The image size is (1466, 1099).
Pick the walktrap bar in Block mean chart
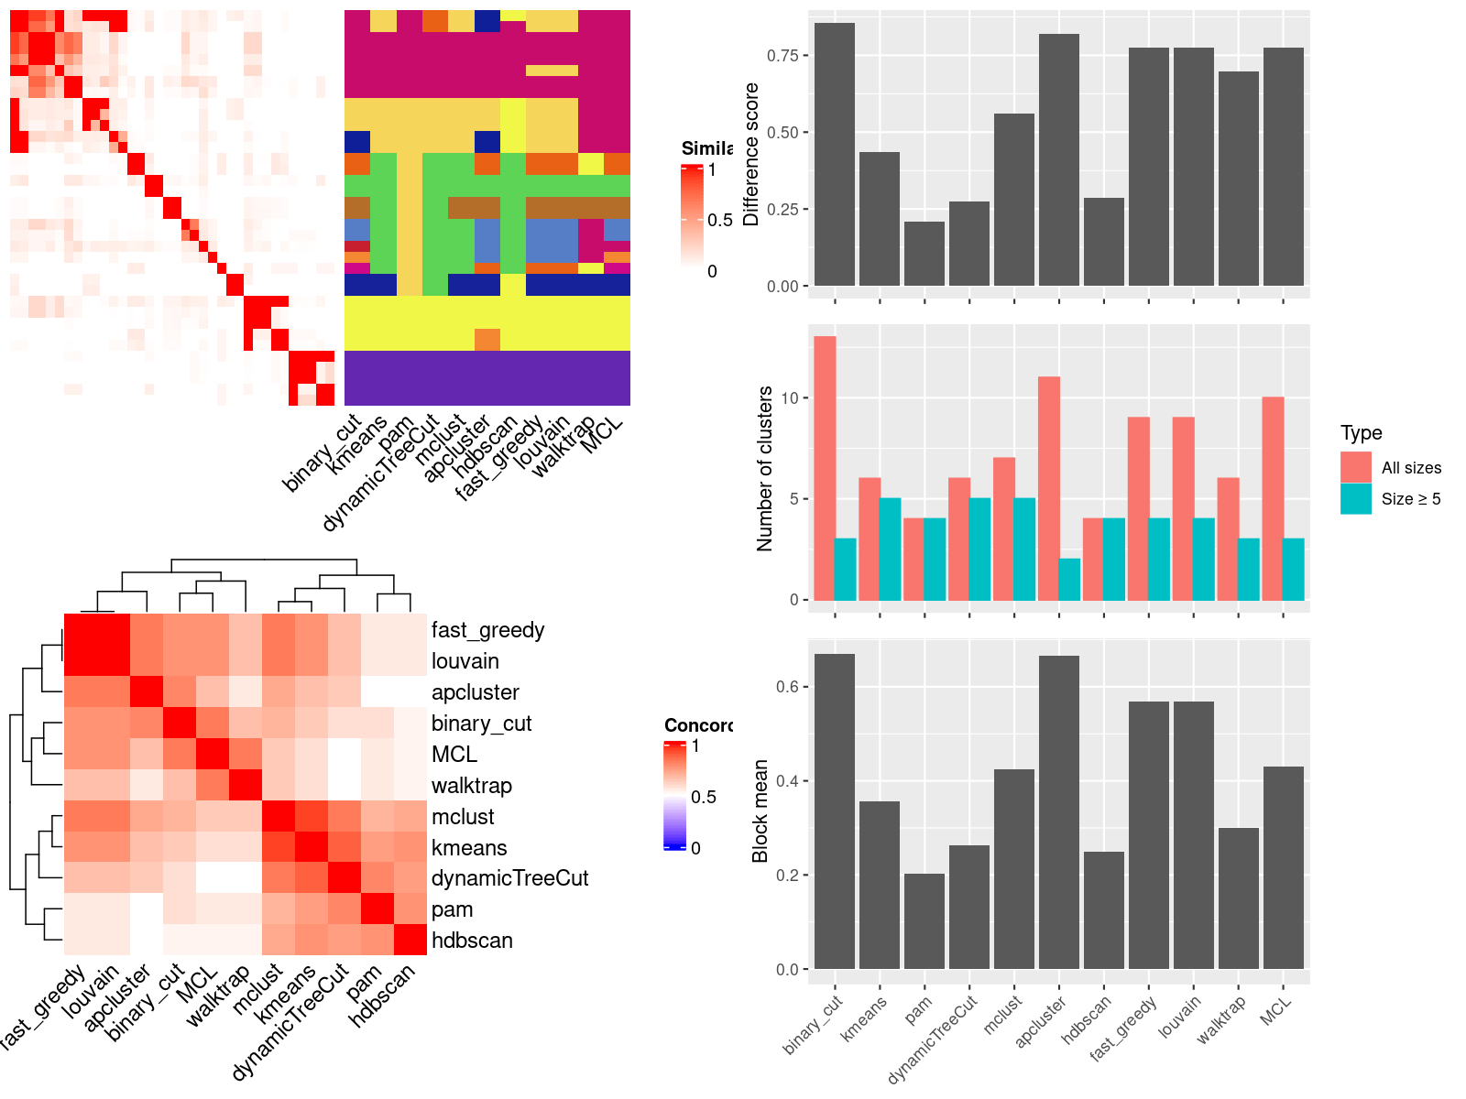(x=1238, y=898)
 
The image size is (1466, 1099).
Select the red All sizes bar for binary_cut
(x=824, y=468)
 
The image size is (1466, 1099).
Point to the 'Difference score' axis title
(x=751, y=154)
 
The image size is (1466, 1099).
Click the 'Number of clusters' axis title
(x=764, y=468)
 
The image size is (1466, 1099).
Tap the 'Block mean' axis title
(x=760, y=811)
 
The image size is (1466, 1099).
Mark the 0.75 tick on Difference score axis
(x=782, y=56)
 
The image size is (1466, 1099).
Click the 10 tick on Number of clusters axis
(x=791, y=398)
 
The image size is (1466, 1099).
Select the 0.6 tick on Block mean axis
(x=787, y=687)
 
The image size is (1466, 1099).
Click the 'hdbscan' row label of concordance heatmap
(x=472, y=941)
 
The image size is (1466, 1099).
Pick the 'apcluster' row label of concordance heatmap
(x=475, y=692)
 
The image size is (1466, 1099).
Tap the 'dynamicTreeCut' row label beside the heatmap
(x=509, y=878)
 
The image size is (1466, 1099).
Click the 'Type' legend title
(x=1361, y=433)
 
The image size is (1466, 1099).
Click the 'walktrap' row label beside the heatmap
(x=471, y=786)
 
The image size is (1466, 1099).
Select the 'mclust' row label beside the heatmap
(x=463, y=817)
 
